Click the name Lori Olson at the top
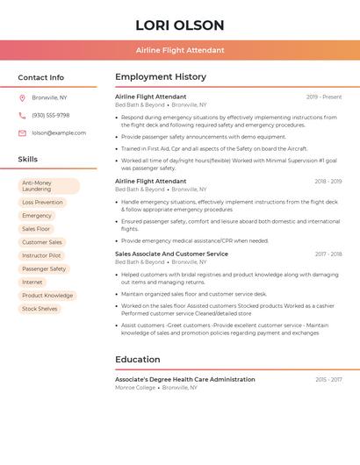pyautogui.click(x=180, y=25)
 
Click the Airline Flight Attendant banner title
pyautogui.click(x=180, y=50)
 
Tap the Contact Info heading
pyautogui.click(x=41, y=77)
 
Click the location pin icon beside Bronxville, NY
pyautogui.click(x=22, y=97)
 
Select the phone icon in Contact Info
pyautogui.click(x=22, y=115)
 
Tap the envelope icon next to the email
pyautogui.click(x=22, y=133)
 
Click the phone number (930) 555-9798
pyautogui.click(x=50, y=115)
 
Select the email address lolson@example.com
pyautogui.click(x=59, y=133)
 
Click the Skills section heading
pyautogui.click(x=28, y=159)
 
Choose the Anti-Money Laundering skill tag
pyautogui.click(x=49, y=186)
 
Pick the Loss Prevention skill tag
pyautogui.click(x=42, y=202)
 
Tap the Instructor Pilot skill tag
pyautogui.click(x=41, y=255)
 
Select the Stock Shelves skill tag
pyautogui.click(x=40, y=309)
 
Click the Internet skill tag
pyautogui.click(x=32, y=283)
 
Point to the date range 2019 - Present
pyautogui.click(x=324, y=97)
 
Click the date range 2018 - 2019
pyautogui.click(x=328, y=182)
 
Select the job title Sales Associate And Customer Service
pyautogui.click(x=171, y=254)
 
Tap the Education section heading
pyautogui.click(x=138, y=359)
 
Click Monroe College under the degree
pyautogui.click(x=134, y=387)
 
